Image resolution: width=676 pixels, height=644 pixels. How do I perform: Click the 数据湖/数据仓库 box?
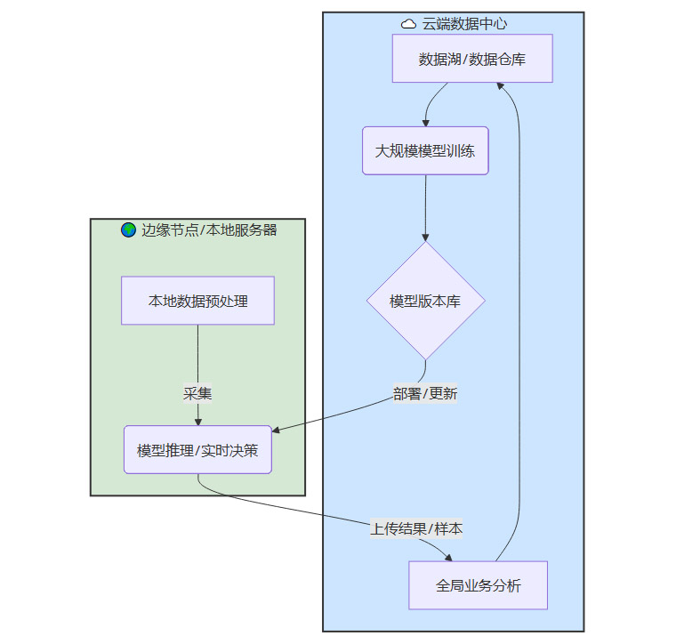coord(472,59)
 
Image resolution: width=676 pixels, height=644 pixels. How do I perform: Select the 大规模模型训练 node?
coord(425,150)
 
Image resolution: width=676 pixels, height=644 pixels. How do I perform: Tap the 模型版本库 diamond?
coord(425,301)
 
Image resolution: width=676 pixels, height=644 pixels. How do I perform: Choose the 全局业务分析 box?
coord(478,585)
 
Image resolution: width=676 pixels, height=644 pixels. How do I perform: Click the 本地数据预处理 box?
coord(197,301)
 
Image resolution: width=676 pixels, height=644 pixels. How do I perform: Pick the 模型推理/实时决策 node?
coord(197,450)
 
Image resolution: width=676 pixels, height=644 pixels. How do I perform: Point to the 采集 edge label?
coord(197,393)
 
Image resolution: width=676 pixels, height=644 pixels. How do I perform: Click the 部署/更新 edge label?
coord(425,393)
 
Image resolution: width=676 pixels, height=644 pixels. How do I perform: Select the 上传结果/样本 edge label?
coord(416,528)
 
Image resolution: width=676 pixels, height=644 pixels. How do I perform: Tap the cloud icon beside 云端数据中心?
coord(409,24)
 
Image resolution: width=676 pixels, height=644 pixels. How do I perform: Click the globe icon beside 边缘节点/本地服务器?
coord(129,229)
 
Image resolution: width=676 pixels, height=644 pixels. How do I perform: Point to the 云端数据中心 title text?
coord(464,24)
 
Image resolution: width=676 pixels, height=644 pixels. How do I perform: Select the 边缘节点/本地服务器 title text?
coord(209,229)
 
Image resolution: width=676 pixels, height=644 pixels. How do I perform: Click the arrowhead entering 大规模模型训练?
coord(426,122)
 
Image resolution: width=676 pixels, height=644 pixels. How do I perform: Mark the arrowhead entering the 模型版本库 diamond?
coord(425,237)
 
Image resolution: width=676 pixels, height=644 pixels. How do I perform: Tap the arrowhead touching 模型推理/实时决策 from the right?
coord(277,431)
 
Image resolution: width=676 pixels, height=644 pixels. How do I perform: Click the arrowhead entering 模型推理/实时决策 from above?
coord(197,422)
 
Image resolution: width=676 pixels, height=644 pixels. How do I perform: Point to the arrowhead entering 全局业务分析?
coord(449,557)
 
